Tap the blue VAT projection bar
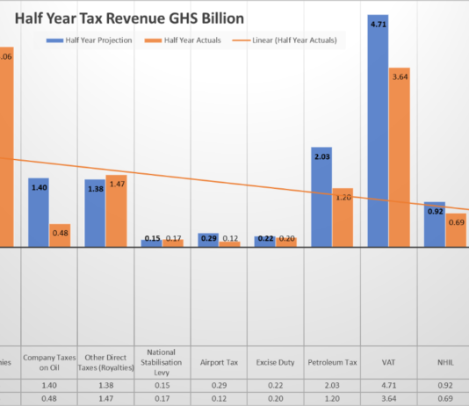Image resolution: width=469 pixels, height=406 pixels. (378, 132)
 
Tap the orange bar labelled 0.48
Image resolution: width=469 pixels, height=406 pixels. (60, 235)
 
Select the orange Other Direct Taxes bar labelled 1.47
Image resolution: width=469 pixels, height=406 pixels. (116, 210)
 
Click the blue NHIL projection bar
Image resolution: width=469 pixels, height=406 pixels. (435, 224)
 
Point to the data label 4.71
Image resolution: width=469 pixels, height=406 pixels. (378, 26)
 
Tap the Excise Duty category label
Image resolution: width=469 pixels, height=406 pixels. (274, 360)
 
